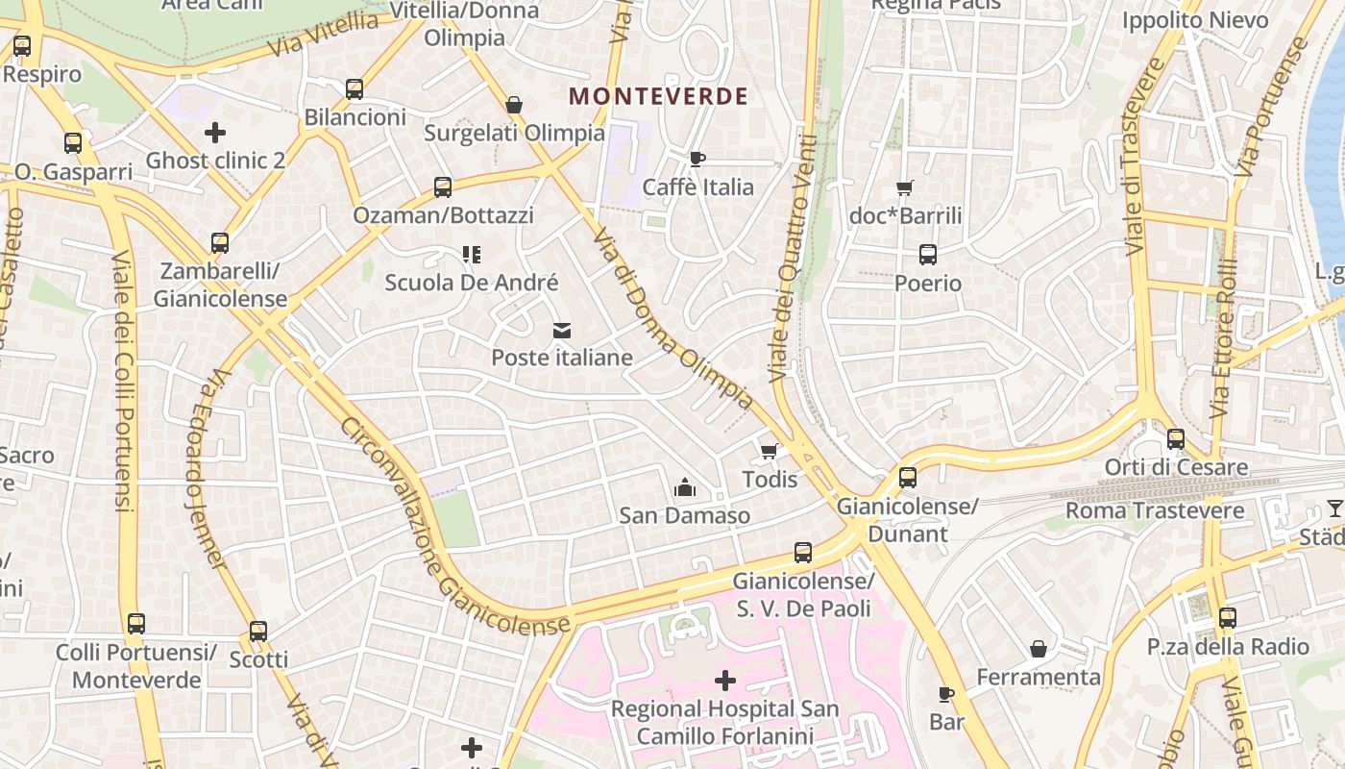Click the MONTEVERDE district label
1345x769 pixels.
[x=658, y=96]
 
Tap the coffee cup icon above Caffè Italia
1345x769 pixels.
[x=697, y=159]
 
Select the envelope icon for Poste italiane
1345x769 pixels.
[x=562, y=331]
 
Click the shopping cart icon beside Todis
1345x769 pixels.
[x=769, y=451]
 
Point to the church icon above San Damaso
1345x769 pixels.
[x=684, y=487]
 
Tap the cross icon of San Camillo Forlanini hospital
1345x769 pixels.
[x=725, y=682]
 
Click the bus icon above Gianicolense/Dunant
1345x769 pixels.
[x=907, y=477]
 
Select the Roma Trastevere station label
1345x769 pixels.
[x=1155, y=510]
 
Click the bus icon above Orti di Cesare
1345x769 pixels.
[x=1175, y=439]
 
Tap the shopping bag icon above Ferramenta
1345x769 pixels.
[x=1038, y=649]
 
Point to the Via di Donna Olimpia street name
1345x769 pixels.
[x=672, y=319]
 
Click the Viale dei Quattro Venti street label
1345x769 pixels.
[x=794, y=258]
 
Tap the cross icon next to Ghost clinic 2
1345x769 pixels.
[x=215, y=132]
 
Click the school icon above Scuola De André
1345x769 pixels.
[x=471, y=255]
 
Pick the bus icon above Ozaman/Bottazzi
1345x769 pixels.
[x=442, y=186]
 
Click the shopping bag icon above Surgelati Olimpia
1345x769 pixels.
[x=514, y=105]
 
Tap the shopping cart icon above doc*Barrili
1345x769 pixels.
[x=904, y=187]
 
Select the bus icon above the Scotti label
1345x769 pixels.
[x=257, y=632]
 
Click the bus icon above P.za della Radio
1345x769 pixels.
[x=1227, y=618]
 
